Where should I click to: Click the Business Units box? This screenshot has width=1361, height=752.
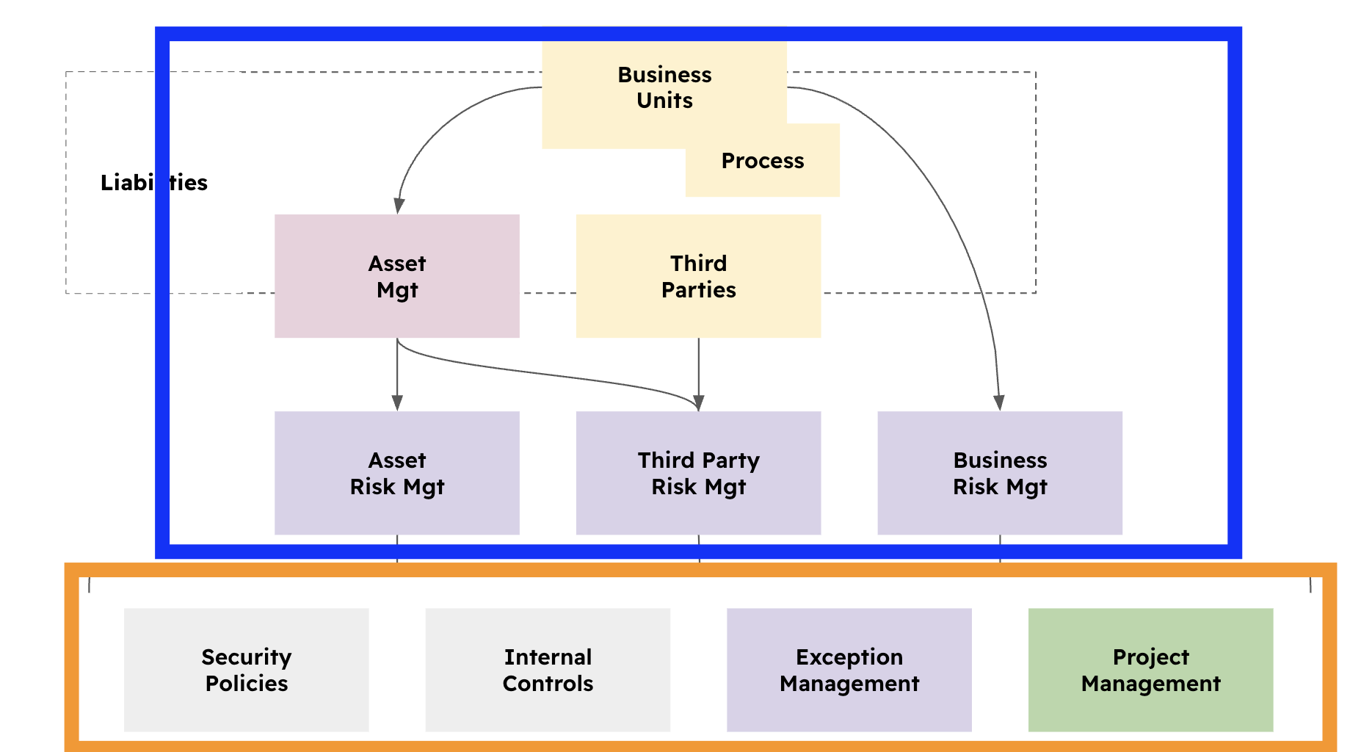coord(664,88)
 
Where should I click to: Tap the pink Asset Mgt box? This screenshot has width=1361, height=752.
coord(396,276)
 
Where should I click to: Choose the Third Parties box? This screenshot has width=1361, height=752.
coord(698,276)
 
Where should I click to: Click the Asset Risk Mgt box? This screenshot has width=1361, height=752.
coord(396,473)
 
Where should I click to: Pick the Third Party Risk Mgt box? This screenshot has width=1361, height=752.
coord(698,473)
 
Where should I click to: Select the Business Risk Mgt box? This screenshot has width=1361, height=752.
coord(1000,473)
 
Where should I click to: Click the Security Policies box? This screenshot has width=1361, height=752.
coord(246,670)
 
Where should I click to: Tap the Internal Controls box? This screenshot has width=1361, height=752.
coord(548,670)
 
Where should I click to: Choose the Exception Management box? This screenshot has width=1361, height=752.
coord(849,670)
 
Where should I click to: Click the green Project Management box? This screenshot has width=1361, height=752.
coord(1150,670)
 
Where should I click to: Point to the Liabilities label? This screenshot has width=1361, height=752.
coord(154,182)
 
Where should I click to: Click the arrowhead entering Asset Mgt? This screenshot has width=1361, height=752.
coord(399,206)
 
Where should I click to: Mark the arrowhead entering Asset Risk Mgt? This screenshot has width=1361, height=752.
coord(397,402)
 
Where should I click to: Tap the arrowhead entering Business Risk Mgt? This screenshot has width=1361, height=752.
coord(998,402)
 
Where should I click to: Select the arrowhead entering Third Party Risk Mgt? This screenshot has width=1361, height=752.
coord(699,402)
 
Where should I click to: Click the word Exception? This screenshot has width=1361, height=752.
coord(849,657)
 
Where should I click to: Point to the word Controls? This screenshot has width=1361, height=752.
coord(548,684)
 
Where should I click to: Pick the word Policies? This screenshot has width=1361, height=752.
coord(246,684)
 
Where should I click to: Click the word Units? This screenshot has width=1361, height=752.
coord(664,101)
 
